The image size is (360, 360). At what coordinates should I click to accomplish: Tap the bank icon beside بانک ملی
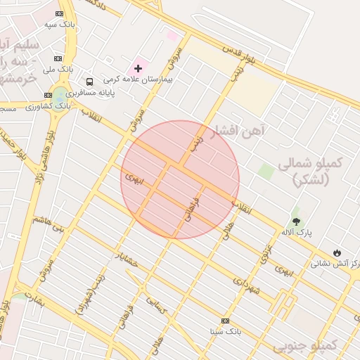coord(58,58)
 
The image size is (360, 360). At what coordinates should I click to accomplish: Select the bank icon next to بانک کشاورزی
coord(48,95)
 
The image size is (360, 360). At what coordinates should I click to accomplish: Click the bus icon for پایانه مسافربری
coord(89,82)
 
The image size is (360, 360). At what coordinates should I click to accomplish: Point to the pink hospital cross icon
coord(138,68)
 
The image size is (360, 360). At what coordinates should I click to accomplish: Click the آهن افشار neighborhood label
coord(238,130)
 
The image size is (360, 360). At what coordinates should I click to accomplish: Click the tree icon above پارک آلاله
coord(296,220)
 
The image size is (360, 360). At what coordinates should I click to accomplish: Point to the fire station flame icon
coord(337,252)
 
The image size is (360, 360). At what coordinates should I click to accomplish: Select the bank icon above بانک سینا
coord(225,320)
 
